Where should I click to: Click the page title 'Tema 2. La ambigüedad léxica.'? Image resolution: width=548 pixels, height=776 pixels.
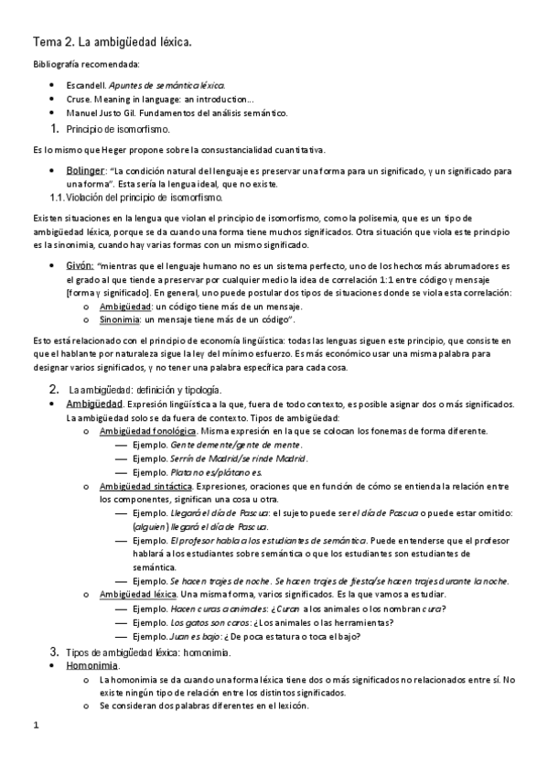113,42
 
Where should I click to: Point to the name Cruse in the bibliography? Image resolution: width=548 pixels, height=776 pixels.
81,99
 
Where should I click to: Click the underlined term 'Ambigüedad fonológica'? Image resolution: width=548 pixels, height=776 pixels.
148,430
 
